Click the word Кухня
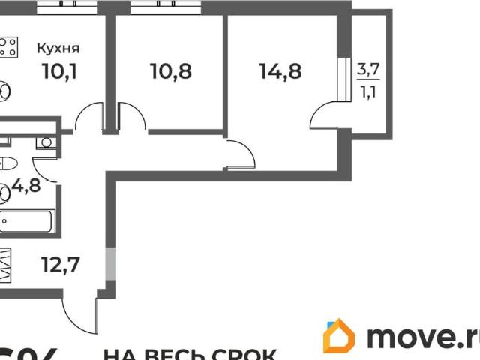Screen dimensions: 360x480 coord(58,49)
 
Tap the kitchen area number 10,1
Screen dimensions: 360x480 coord(58,73)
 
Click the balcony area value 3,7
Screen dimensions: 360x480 coord(367,70)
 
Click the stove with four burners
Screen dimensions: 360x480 coord(9,49)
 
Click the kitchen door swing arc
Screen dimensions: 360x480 coord(89,118)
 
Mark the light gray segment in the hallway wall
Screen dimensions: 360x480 coord(110,262)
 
